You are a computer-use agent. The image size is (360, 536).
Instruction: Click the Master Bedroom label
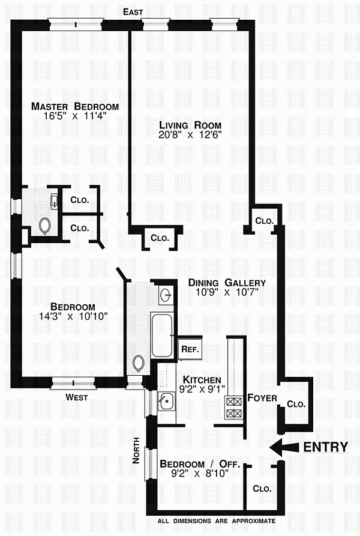point(75,106)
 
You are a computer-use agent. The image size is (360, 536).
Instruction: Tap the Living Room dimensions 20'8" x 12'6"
point(190,134)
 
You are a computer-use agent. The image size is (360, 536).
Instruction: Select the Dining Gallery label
point(227,283)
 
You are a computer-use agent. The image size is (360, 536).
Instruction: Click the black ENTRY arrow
point(284,447)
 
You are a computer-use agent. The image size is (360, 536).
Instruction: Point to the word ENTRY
point(326,447)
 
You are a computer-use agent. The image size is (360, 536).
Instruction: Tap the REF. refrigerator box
point(190,349)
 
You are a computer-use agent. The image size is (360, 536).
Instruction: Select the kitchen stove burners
point(234,408)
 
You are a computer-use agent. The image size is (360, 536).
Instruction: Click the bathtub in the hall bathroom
point(162,336)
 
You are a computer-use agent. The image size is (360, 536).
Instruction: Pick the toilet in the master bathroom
point(45,226)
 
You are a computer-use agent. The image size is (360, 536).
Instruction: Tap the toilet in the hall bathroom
point(139,364)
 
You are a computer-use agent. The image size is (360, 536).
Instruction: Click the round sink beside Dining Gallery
point(166,294)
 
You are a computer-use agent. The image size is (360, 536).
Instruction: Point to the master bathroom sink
point(55,201)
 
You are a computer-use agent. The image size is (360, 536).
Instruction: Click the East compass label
point(133,12)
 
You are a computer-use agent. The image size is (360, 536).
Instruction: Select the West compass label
point(77,397)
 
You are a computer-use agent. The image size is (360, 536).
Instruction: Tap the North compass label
point(136,451)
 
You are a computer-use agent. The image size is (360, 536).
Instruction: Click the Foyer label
point(262,398)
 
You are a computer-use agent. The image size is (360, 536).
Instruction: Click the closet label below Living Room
point(160,238)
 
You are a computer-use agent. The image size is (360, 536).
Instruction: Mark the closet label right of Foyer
point(296,404)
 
